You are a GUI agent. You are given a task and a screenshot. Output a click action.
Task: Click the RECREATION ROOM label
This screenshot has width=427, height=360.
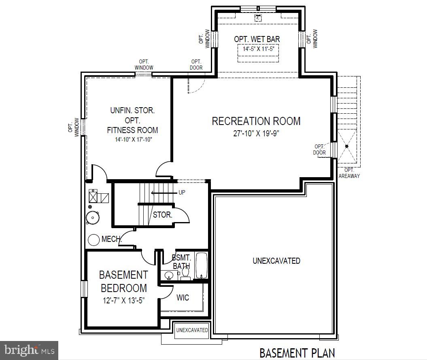click(256, 121)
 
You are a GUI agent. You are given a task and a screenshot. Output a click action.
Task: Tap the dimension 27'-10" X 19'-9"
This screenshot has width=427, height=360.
click(256, 133)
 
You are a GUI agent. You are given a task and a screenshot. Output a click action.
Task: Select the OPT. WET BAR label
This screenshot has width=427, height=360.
click(257, 39)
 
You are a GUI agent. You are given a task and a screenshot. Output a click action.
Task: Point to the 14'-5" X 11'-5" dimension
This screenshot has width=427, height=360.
click(258, 49)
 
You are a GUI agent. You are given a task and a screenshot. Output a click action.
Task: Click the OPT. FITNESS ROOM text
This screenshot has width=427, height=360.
click(132, 125)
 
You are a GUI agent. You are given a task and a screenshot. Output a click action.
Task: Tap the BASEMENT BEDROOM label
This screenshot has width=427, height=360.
click(123, 282)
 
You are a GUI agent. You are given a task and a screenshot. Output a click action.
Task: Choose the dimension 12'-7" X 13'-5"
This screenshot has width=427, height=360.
click(123, 301)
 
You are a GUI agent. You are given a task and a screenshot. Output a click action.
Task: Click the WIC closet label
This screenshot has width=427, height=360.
click(183, 298)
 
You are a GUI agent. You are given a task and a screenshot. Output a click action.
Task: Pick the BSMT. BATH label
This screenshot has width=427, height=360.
click(181, 262)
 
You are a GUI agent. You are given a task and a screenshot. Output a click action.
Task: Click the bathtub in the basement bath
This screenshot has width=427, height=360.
click(202, 265)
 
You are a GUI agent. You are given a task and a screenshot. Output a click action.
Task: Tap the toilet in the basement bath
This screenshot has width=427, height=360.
click(186, 274)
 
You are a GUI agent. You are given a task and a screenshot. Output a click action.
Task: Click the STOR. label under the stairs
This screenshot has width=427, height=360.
click(162, 215)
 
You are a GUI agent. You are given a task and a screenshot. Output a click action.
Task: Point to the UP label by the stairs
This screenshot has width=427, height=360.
click(182, 193)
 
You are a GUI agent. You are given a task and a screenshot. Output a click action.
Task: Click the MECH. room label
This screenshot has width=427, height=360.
click(111, 239)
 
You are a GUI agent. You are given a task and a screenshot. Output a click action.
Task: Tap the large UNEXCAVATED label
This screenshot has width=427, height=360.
click(276, 261)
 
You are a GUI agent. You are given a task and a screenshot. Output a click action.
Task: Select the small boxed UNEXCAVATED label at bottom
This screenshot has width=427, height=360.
click(192, 330)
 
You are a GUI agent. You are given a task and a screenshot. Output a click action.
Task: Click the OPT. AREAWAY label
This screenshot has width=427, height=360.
click(349, 173)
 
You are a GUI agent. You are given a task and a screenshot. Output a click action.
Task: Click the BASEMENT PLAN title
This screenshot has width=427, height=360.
click(297, 353)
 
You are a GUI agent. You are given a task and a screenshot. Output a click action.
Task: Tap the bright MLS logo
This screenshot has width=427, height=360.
click(29, 349)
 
